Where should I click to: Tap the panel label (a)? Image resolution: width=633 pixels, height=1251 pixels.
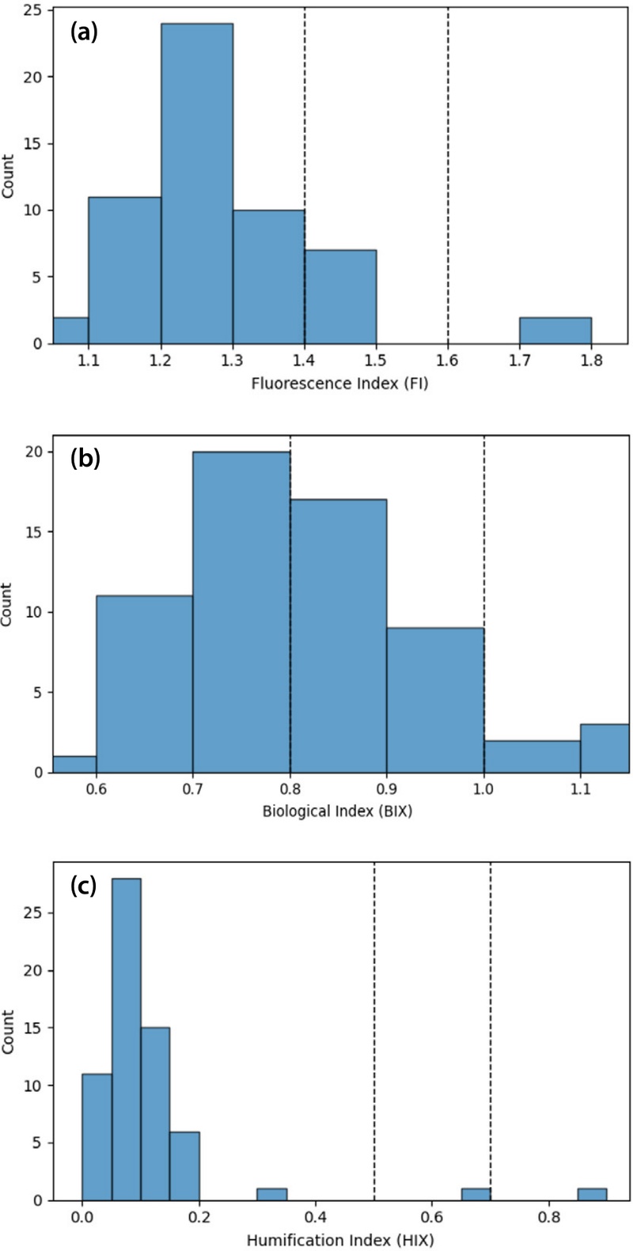[83, 32]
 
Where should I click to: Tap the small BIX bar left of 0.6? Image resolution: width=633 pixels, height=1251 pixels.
[74, 764]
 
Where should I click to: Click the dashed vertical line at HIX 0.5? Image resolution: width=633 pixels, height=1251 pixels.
[373, 1028]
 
